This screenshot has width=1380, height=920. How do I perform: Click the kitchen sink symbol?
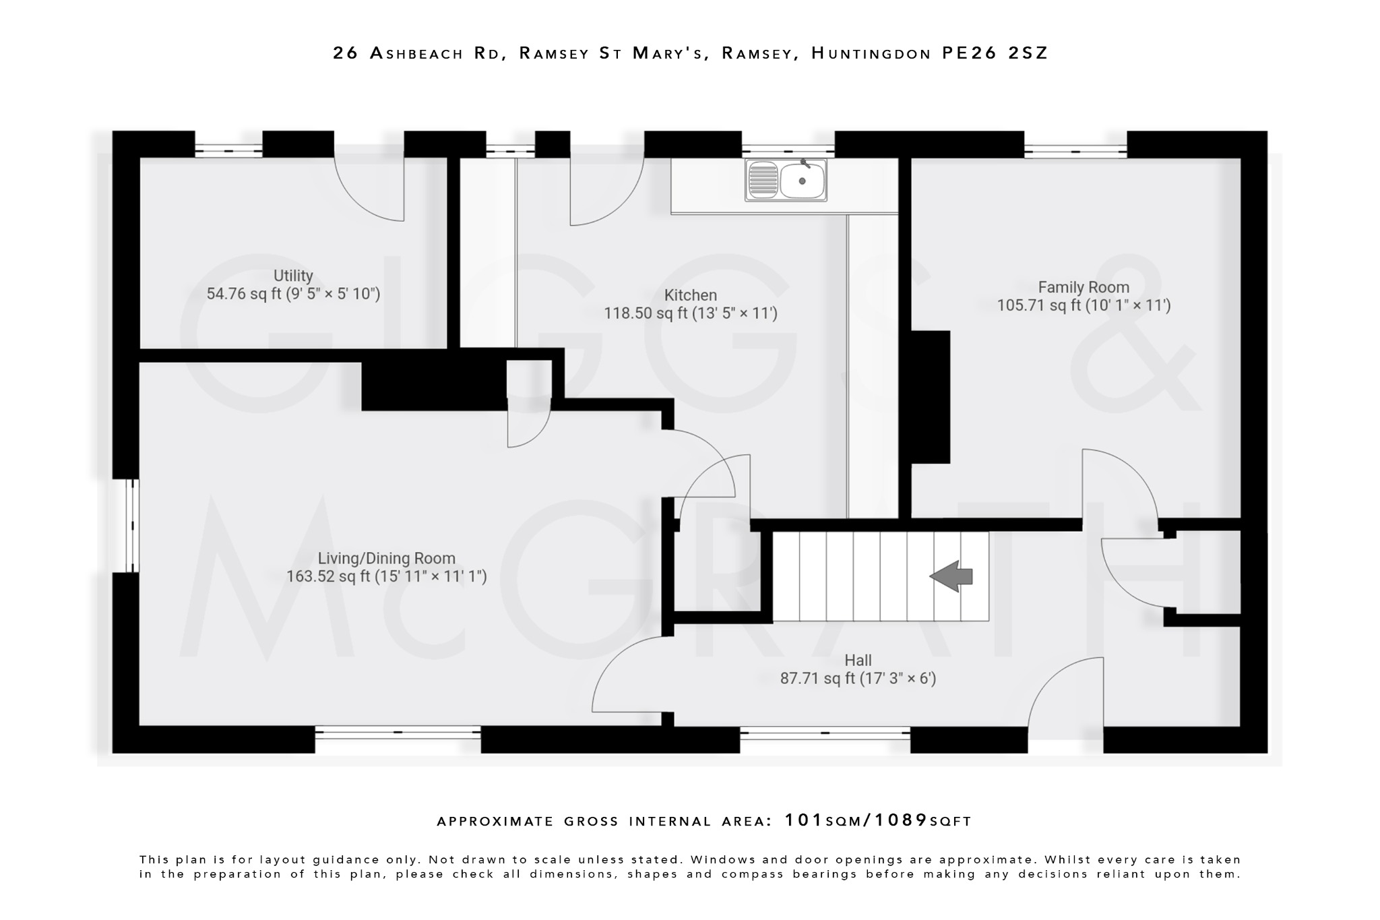click(x=786, y=180)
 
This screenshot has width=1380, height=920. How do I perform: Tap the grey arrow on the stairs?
click(x=951, y=576)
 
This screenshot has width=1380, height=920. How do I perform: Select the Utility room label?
click(x=293, y=276)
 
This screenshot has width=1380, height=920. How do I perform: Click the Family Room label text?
click(x=1083, y=287)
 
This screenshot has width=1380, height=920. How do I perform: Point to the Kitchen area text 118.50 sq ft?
click(x=645, y=313)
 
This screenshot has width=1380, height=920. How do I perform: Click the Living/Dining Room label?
click(x=386, y=558)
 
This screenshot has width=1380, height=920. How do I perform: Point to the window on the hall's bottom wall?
click(x=825, y=732)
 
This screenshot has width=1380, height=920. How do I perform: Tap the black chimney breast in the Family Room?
click(x=930, y=396)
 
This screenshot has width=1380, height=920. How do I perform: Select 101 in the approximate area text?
click(x=804, y=820)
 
